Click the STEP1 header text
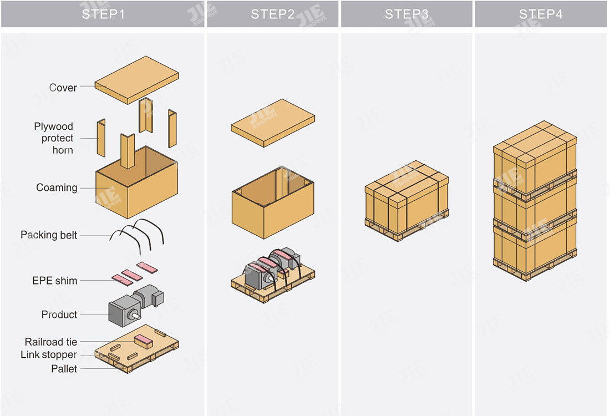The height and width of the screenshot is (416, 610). pos(103,14)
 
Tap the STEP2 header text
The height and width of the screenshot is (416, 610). pos(273,14)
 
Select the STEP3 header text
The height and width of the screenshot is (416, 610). pos(406,14)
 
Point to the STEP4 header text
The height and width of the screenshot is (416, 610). pos(541,14)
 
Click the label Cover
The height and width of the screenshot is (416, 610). pos(63,88)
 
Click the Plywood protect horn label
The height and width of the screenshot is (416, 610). pos(54,138)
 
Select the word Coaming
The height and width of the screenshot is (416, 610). pos(57,188)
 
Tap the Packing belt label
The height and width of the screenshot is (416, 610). pos(49,235)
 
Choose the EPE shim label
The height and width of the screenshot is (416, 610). pos(54,281)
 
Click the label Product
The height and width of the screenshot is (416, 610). pos(59,314)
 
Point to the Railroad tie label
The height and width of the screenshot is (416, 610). pos(51,342)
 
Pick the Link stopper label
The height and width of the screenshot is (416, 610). pos(49,355)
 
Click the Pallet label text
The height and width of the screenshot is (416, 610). pos(64,369)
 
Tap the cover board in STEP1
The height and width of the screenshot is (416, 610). pos(136,79)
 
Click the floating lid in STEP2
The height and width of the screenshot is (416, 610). pos(273,122)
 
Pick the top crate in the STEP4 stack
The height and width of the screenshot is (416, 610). pos(535,151)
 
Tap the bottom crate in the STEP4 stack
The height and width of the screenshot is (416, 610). pos(535,247)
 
